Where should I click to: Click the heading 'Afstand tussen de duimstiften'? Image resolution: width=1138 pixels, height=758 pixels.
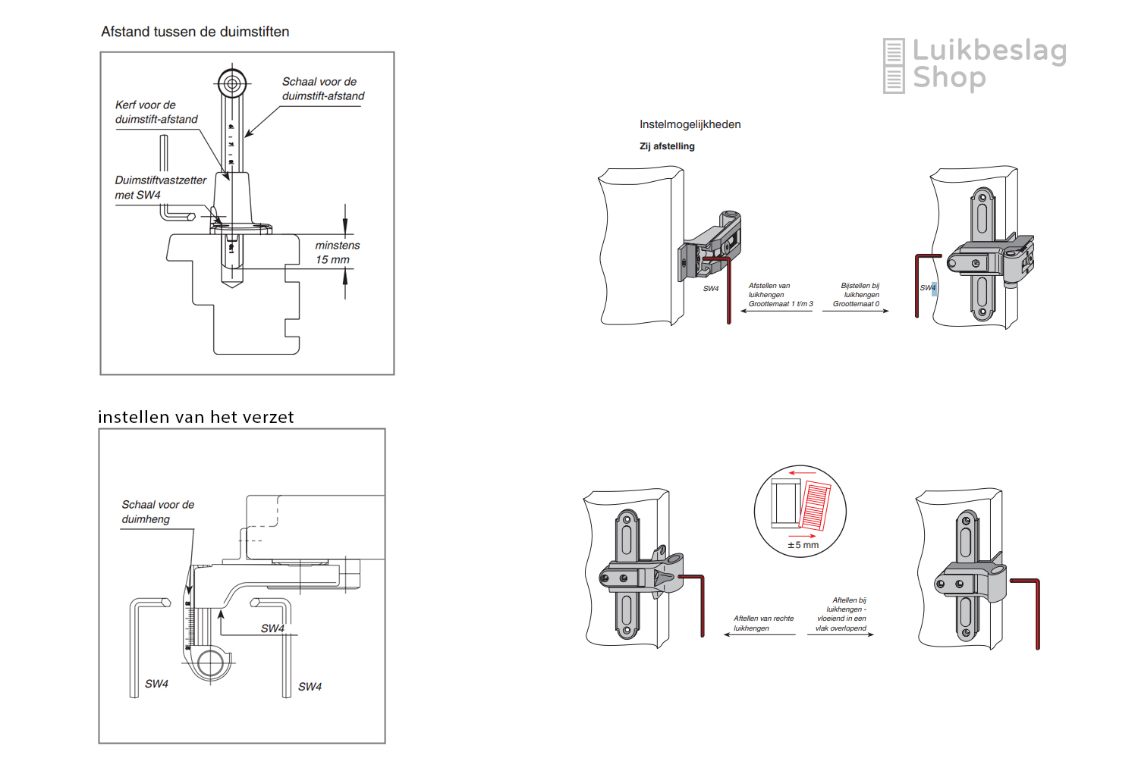point(195,32)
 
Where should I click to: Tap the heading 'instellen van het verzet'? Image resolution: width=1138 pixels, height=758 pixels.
point(196,417)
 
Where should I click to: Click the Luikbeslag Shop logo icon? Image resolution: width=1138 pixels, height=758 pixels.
point(894,66)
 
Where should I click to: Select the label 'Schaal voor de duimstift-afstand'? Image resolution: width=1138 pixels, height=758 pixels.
point(323,89)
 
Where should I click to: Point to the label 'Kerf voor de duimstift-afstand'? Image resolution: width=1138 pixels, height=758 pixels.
point(156,112)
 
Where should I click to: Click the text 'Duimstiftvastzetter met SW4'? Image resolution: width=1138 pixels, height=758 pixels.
point(160,187)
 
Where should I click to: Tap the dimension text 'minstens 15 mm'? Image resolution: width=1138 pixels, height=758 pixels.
point(337,252)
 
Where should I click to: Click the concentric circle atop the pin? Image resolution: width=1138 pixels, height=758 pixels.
point(232,83)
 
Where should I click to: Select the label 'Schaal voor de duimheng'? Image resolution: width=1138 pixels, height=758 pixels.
point(158,512)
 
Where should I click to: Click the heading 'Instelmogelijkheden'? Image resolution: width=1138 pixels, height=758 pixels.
point(690,124)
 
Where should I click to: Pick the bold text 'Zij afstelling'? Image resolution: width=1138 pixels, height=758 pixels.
point(667,146)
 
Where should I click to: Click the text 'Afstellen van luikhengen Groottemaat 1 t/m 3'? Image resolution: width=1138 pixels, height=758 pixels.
point(780,295)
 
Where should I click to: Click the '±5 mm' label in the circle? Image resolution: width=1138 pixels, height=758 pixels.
point(803,545)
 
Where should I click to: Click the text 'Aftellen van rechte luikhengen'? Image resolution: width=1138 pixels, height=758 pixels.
point(762,623)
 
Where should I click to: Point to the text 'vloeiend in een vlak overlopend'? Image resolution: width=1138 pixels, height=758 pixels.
point(841,623)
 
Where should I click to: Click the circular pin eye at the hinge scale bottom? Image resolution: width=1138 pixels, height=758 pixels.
point(210,664)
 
